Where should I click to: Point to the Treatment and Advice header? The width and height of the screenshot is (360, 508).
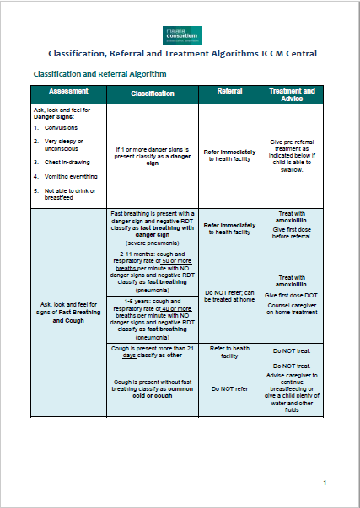(x=291, y=94)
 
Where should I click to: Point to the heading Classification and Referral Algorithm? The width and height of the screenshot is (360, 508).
(x=99, y=73)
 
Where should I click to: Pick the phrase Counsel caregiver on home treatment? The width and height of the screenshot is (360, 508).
(x=292, y=285)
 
